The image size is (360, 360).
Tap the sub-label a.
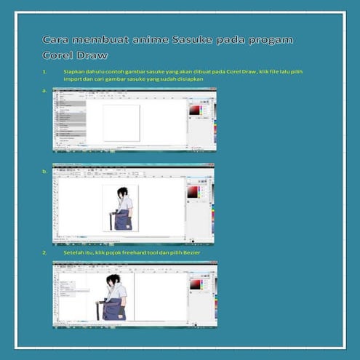(45, 91)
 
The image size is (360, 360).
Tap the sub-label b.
(45, 172)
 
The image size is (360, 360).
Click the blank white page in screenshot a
(121, 122)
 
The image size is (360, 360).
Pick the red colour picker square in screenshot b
(193, 191)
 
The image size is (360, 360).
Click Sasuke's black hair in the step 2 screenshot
(113, 279)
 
